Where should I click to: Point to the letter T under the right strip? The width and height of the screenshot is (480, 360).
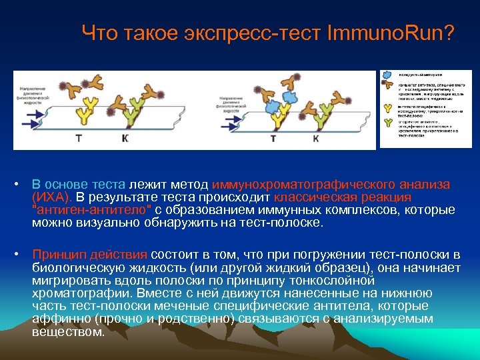click(273, 138)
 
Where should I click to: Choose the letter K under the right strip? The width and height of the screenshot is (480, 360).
click(316, 138)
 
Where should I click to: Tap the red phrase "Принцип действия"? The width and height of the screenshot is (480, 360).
click(91, 255)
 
